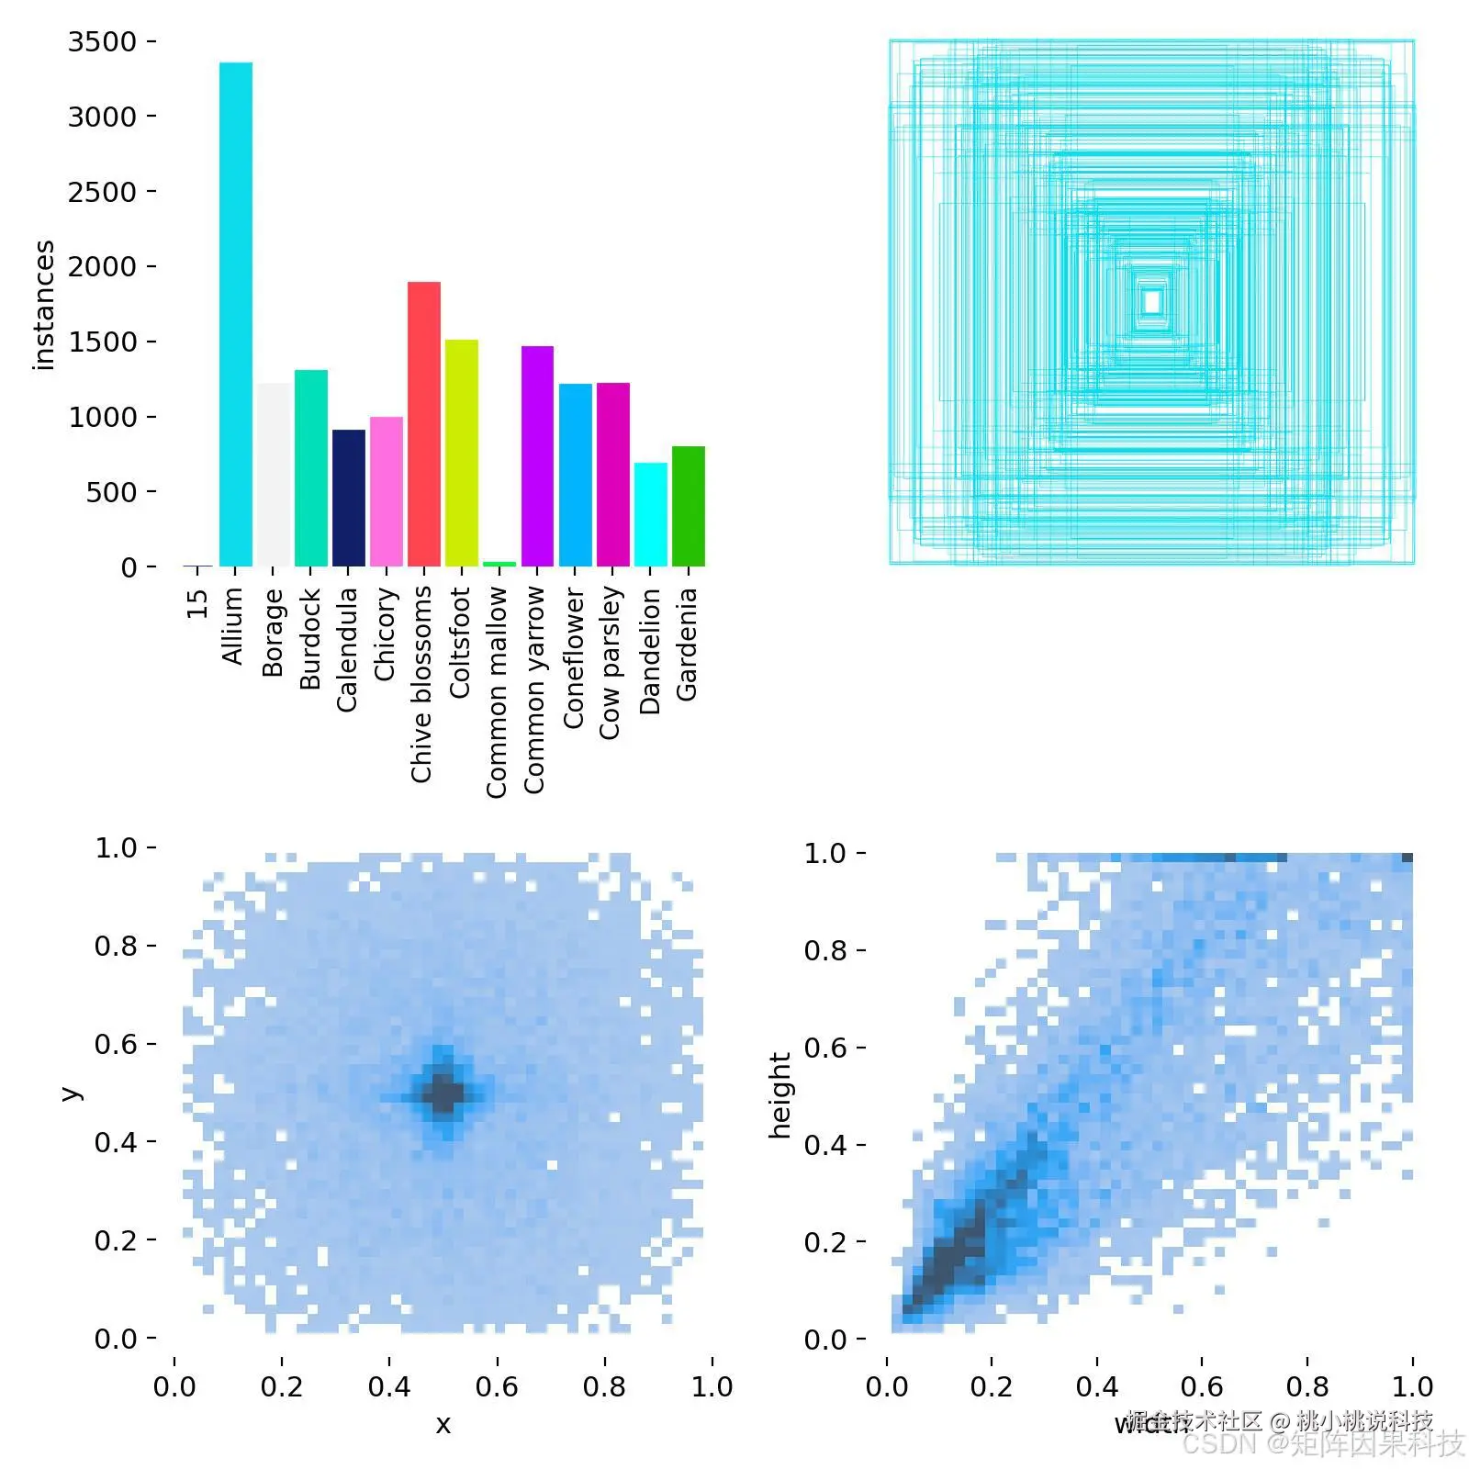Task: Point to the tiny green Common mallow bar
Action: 499,564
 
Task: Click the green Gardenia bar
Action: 688,506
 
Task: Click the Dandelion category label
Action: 650,651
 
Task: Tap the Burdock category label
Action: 310,639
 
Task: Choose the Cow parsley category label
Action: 611,663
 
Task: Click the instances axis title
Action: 44,305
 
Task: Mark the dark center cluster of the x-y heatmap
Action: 443,1093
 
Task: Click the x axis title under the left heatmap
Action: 443,1424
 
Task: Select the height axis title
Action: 779,1095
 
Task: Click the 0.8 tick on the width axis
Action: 1307,1386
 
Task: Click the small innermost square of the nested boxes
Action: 1152,301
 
